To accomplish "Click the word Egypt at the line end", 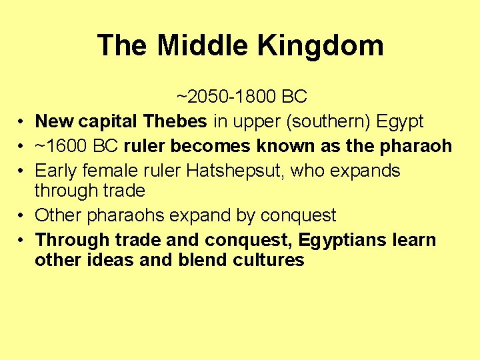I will pos(400,121).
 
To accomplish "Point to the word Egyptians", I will pos(341,240).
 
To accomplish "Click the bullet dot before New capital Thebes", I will pos(23,123).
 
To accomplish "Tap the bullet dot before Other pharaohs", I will pos(23,217).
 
